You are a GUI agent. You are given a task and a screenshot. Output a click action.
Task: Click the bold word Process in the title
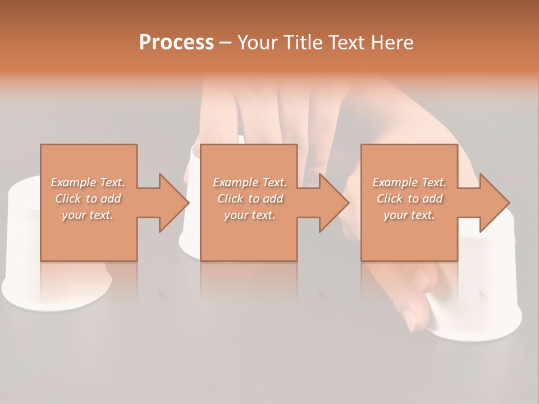tap(176, 43)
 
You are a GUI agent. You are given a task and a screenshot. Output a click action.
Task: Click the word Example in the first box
tap(73, 182)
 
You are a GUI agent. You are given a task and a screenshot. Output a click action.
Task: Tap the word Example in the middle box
tap(235, 182)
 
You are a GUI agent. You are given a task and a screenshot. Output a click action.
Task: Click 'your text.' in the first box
tap(88, 215)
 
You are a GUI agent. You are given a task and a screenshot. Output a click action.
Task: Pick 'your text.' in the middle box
tap(249, 215)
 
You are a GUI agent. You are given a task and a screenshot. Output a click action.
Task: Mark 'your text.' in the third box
tap(409, 215)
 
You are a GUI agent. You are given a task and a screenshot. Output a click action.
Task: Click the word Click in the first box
tap(68, 199)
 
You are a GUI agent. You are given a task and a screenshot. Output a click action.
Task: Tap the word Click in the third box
tap(390, 199)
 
